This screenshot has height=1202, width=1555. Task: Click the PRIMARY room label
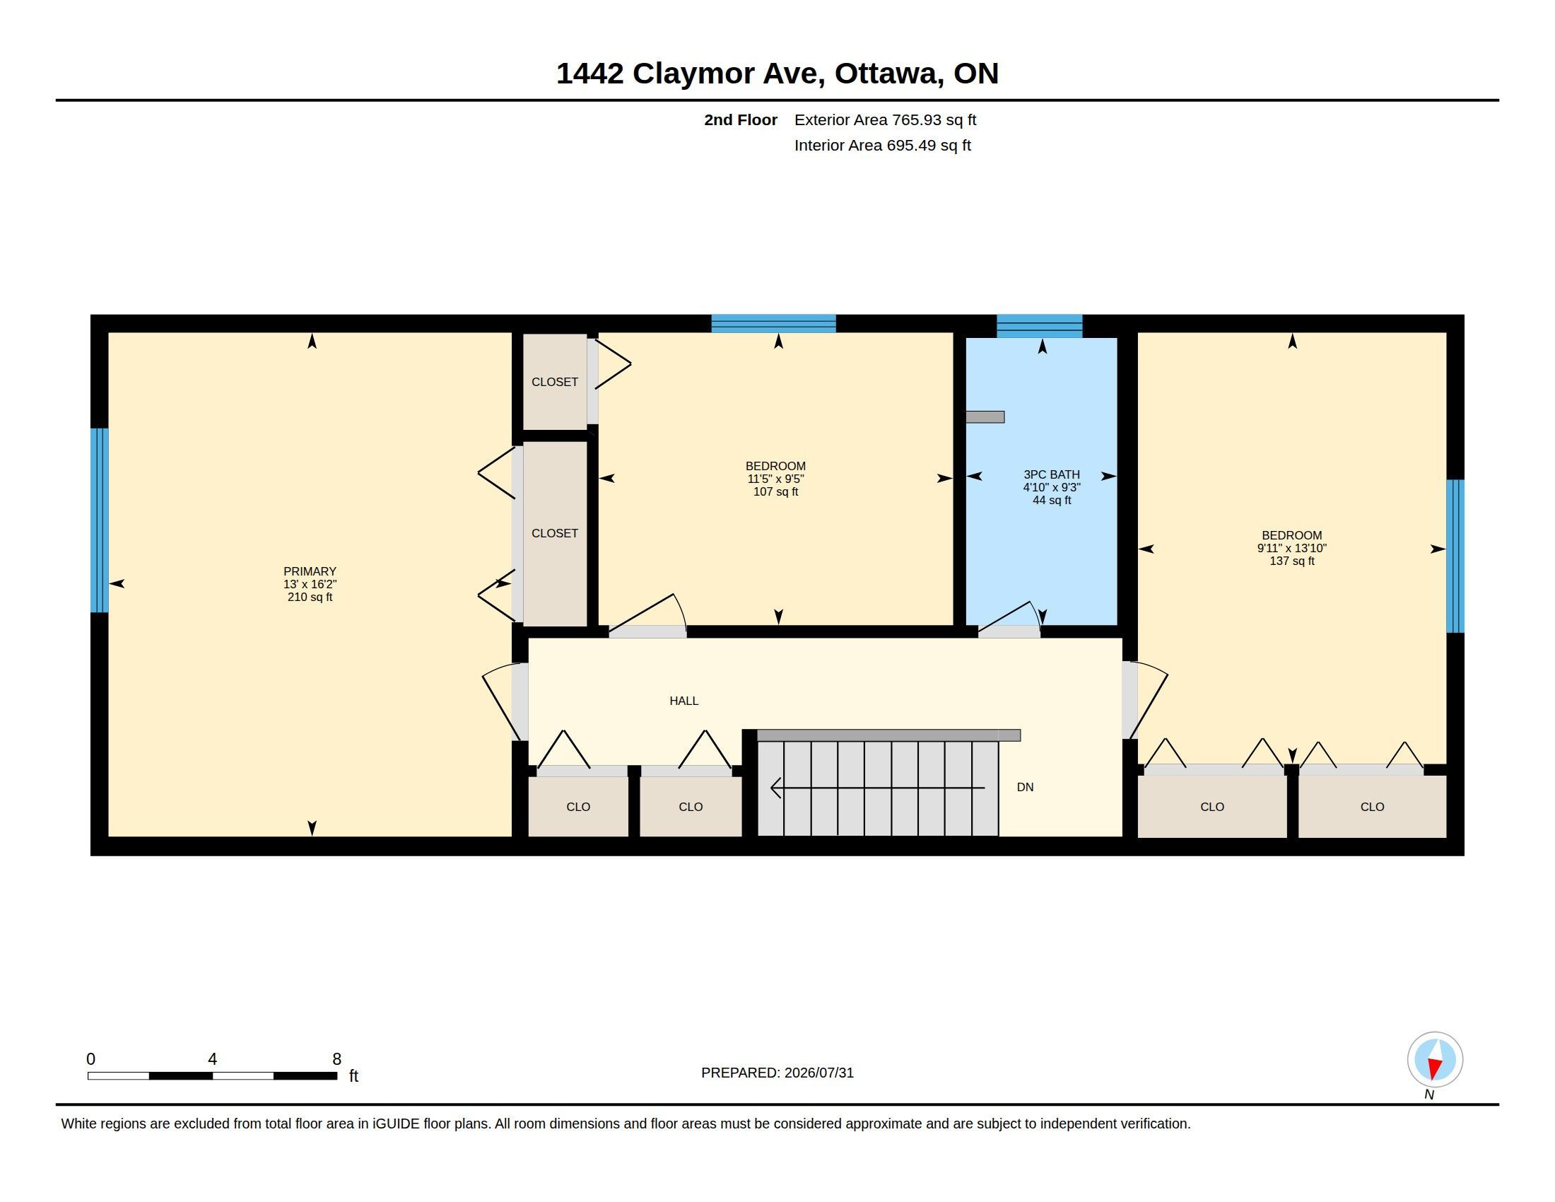click(x=310, y=571)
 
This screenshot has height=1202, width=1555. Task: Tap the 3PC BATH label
click(x=1052, y=474)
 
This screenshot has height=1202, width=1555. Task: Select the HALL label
click(x=683, y=701)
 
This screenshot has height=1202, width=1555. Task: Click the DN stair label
click(x=1025, y=787)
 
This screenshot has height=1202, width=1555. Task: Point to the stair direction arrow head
click(x=776, y=788)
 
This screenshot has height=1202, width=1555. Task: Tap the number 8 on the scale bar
click(x=336, y=1059)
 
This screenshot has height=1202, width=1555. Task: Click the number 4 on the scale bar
click(x=212, y=1059)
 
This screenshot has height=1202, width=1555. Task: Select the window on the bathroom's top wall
click(x=1040, y=325)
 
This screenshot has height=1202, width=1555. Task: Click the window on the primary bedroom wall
click(x=100, y=520)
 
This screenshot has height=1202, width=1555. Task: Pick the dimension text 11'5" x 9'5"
click(x=775, y=479)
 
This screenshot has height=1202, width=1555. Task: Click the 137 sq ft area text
click(x=1291, y=561)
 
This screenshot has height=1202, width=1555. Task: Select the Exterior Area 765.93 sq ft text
click(x=885, y=119)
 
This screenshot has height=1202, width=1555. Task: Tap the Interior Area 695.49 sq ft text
click(x=882, y=145)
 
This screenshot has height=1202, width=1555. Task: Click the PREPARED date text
click(x=777, y=1073)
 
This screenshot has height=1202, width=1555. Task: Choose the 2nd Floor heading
click(x=741, y=119)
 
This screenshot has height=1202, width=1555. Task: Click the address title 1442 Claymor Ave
click(x=690, y=74)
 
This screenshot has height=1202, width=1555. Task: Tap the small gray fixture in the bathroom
click(x=985, y=417)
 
